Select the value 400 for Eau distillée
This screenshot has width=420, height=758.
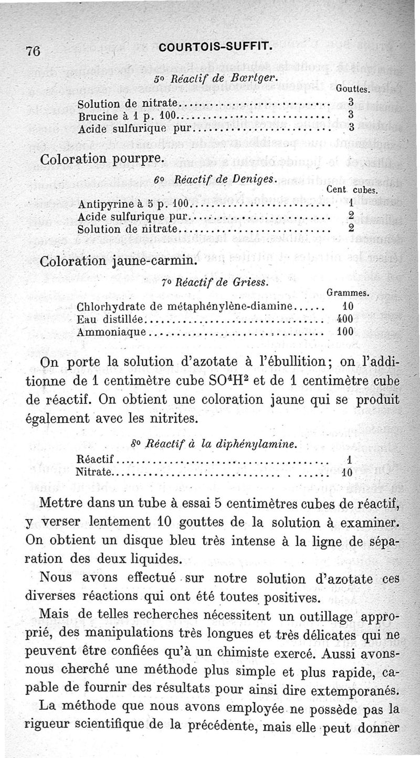tap(345, 319)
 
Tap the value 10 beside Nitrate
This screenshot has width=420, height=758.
tap(347, 472)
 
